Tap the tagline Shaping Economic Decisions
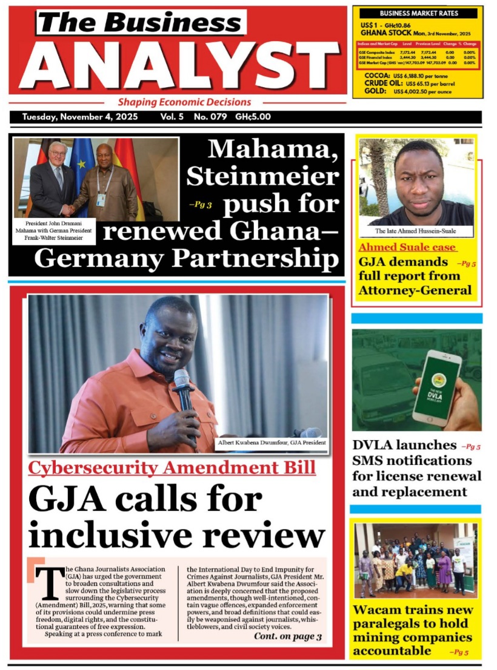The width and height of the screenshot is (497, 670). pos(184,102)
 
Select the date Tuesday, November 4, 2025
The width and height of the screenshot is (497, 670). pos(79,117)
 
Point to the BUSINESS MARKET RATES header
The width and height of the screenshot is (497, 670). pos(419,13)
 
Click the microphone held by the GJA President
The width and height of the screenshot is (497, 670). pos(182,387)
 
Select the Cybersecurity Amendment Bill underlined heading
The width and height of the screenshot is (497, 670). pos(172,468)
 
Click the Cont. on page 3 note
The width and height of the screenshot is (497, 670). pos(288,636)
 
